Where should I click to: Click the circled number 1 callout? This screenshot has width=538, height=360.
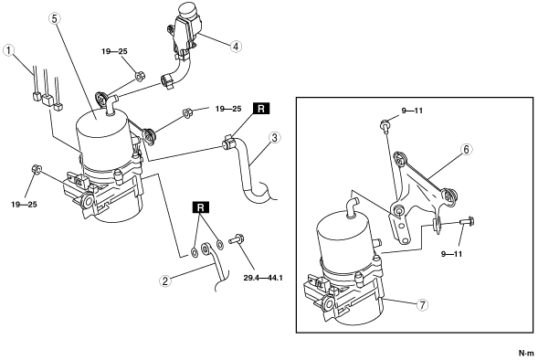click(8, 50)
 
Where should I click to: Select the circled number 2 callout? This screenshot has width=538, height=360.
click(165, 281)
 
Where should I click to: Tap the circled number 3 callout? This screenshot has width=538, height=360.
click(275, 138)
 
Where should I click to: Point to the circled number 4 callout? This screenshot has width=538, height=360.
click(236, 47)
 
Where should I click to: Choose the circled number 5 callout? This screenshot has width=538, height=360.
click(54, 18)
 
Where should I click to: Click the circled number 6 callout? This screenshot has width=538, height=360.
click(466, 149)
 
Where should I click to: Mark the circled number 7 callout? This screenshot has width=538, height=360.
click(422, 304)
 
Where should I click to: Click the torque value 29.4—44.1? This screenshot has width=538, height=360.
click(263, 277)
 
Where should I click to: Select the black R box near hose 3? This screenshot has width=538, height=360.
click(261, 109)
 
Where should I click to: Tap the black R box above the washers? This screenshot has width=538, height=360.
click(201, 207)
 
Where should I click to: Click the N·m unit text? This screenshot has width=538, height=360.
click(526, 353)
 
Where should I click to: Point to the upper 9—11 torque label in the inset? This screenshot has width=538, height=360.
click(412, 111)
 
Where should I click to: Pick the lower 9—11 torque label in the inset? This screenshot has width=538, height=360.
click(451, 254)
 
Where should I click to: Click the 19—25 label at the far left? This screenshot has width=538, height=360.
click(24, 205)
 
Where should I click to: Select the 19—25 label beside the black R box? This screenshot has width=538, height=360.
click(228, 109)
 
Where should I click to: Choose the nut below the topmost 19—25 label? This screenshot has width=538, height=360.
click(140, 76)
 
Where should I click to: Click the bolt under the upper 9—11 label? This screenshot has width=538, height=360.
click(385, 125)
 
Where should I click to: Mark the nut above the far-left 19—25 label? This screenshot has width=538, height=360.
click(37, 169)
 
